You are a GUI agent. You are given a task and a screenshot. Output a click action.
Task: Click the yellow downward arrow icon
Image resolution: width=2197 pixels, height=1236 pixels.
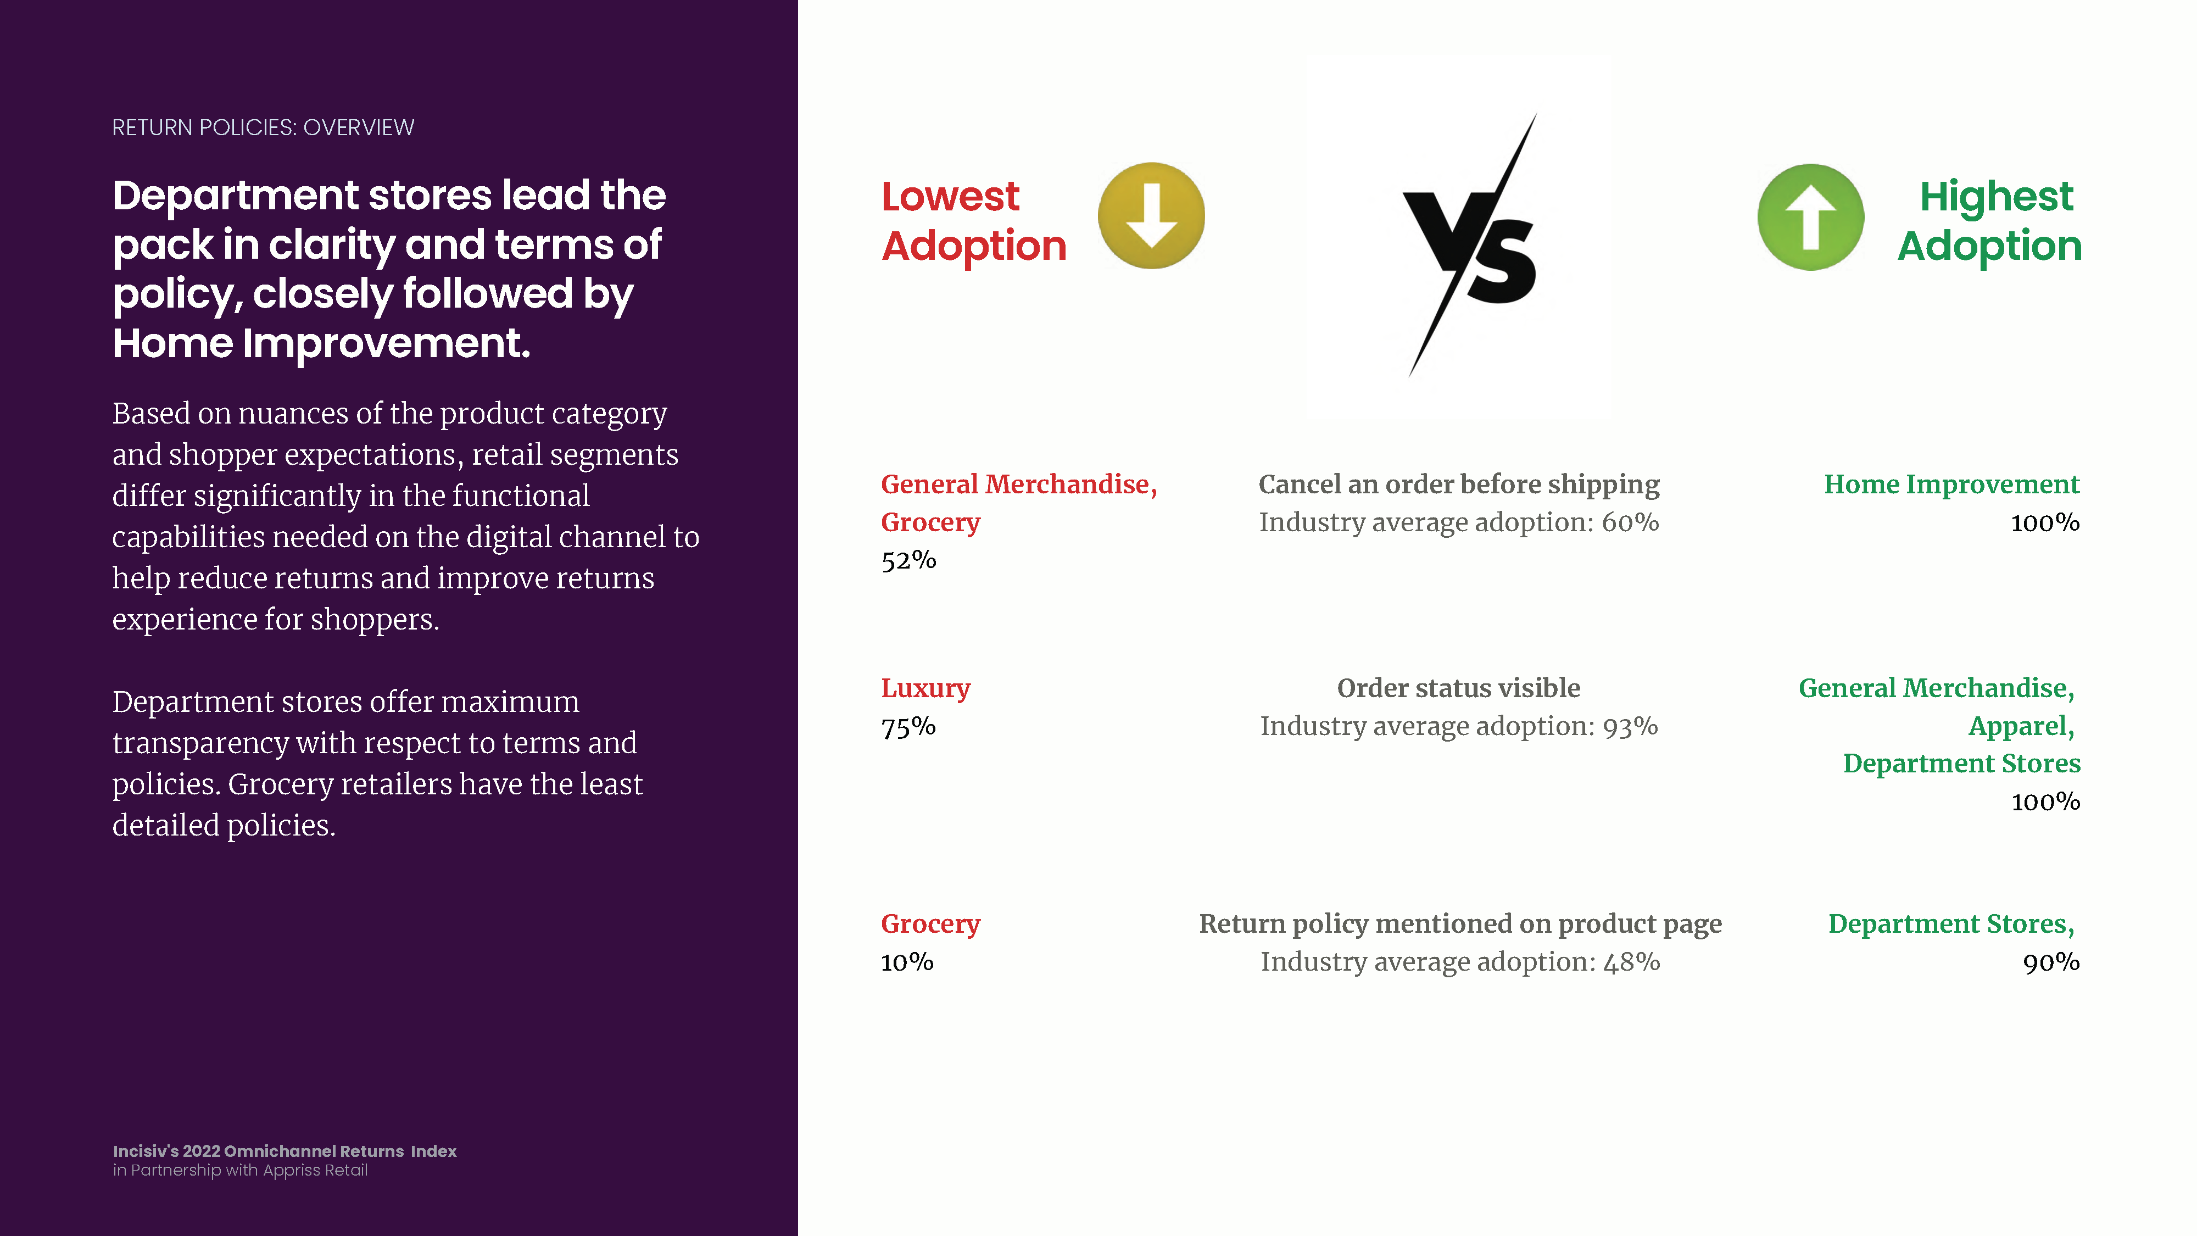(x=1151, y=216)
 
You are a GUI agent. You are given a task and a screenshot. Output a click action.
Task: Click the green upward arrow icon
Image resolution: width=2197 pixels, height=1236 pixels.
(x=1811, y=216)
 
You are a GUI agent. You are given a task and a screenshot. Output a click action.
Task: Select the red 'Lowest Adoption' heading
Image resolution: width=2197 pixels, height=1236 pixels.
(x=974, y=221)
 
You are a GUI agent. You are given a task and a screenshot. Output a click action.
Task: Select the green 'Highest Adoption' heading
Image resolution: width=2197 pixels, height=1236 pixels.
(x=1990, y=221)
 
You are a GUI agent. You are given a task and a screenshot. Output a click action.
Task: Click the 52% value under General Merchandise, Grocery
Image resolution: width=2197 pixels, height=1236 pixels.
(x=908, y=560)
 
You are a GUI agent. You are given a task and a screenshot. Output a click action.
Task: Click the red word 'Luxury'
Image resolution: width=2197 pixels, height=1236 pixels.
(x=925, y=688)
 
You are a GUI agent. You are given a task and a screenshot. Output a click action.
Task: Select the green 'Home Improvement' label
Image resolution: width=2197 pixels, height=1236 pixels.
(x=1951, y=485)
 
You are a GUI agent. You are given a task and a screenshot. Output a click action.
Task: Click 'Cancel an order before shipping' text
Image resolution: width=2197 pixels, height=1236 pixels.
(x=1458, y=485)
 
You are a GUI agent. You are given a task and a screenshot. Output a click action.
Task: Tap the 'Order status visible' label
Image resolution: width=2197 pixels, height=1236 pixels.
(x=1458, y=688)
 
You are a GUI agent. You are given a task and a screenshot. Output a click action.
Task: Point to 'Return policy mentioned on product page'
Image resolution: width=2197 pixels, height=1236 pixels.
(x=1460, y=924)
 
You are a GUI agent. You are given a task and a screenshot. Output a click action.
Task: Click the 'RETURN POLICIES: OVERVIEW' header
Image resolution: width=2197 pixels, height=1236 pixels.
(x=263, y=128)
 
